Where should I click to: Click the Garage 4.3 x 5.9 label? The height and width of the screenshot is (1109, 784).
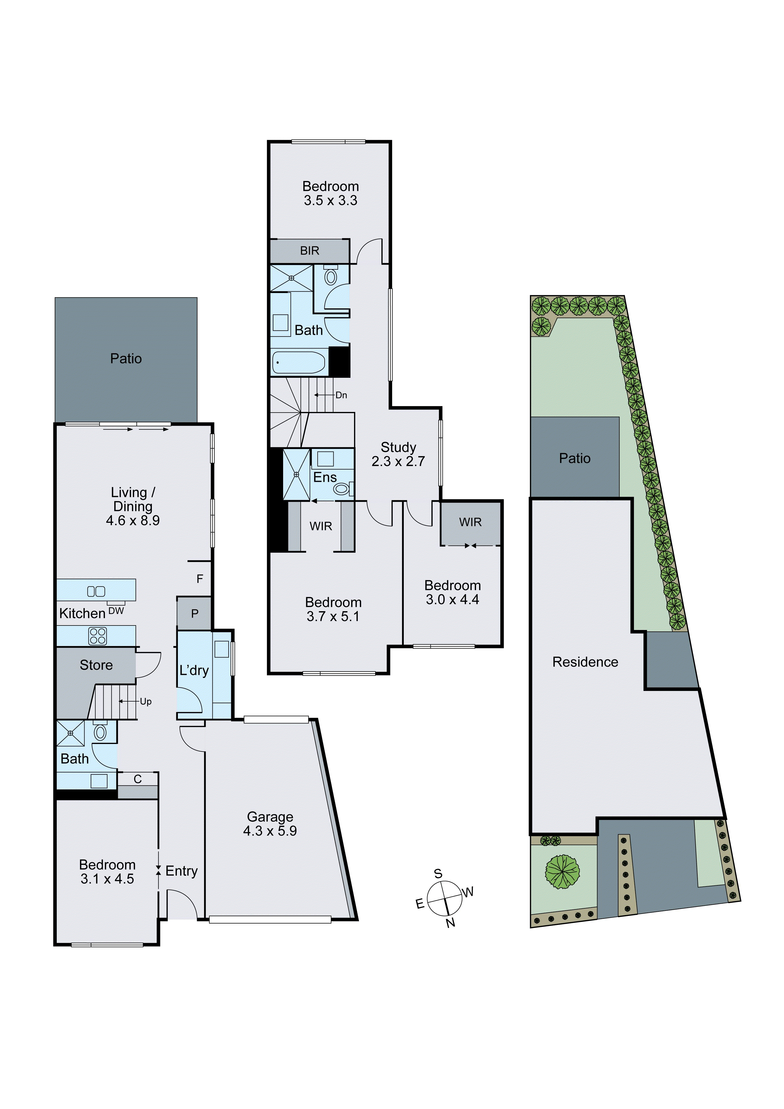270,824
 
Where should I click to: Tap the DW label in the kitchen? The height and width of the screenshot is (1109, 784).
116,611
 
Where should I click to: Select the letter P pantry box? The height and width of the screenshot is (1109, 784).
195,613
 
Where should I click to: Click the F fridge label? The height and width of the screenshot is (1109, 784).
200,579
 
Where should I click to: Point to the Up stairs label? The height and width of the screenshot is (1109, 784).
145,701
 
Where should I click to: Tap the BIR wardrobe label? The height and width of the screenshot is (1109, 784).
310,251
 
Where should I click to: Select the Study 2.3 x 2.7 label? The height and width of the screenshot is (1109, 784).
398,454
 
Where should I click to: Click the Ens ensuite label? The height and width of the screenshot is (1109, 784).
325,477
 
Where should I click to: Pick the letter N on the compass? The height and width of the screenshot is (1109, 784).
450,923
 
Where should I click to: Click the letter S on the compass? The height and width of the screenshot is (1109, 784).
438,873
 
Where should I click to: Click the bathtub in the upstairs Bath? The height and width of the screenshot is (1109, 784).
299,362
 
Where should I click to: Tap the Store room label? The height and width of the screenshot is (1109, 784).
96,665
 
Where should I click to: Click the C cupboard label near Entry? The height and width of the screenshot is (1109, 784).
138,779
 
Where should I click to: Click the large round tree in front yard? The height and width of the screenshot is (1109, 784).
562,872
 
